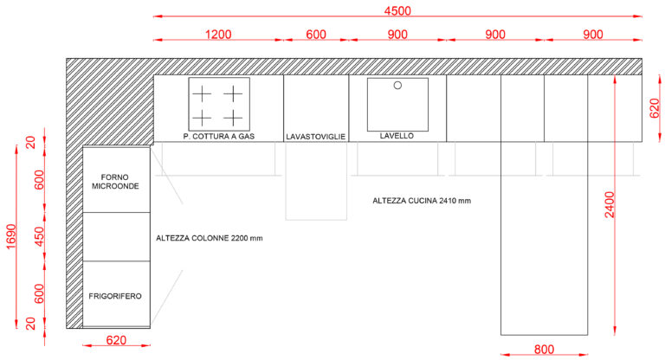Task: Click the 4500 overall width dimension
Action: tap(397, 10)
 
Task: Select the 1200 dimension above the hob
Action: tap(218, 35)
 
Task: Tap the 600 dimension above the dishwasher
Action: tap(316, 35)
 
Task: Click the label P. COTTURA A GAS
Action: tap(218, 136)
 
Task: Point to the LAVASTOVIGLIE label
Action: tap(316, 137)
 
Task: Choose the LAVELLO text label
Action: tap(397, 136)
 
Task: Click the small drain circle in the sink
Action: tap(398, 86)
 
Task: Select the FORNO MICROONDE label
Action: tap(115, 180)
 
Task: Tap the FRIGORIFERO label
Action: tap(115, 296)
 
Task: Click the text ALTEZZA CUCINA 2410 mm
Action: tap(422, 201)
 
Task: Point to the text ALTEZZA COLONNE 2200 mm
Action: tap(209, 237)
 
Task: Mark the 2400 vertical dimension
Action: tap(610, 204)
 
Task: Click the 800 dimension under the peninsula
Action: tap(544, 349)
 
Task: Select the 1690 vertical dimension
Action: tap(10, 237)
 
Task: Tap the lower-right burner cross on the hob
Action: tap(234, 117)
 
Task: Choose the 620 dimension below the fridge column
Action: tap(115, 340)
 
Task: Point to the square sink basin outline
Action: tap(398, 104)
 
